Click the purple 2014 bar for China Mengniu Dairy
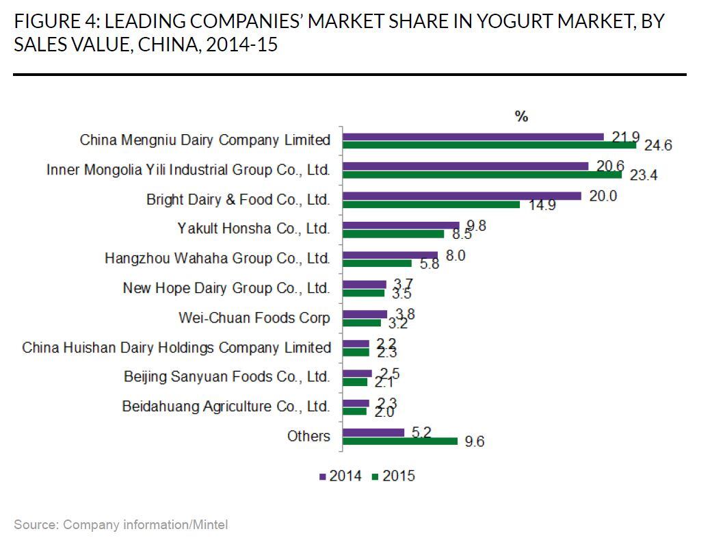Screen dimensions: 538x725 click(473, 137)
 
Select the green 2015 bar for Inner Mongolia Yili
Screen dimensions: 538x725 click(482, 175)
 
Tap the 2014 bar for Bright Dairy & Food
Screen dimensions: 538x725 click(461, 196)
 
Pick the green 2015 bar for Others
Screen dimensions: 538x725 click(399, 441)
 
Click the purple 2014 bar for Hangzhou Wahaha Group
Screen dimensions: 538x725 click(390, 255)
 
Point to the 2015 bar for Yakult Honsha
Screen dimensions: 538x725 click(393, 234)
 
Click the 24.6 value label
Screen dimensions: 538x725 click(658, 145)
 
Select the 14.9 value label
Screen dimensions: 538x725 click(542, 205)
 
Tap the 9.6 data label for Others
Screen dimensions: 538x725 click(474, 442)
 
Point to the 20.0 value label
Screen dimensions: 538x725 click(603, 196)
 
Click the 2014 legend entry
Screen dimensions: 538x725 click(340, 476)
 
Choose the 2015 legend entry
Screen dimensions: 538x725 click(393, 476)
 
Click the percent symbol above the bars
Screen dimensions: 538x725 click(521, 117)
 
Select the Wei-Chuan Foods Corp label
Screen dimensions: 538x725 click(254, 318)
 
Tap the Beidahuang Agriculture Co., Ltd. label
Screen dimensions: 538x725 click(226, 407)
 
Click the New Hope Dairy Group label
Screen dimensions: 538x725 click(226, 288)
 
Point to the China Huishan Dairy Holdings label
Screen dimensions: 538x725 click(176, 348)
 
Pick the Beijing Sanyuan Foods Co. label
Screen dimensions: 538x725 click(226, 377)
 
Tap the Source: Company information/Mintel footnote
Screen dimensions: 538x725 click(120, 525)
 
